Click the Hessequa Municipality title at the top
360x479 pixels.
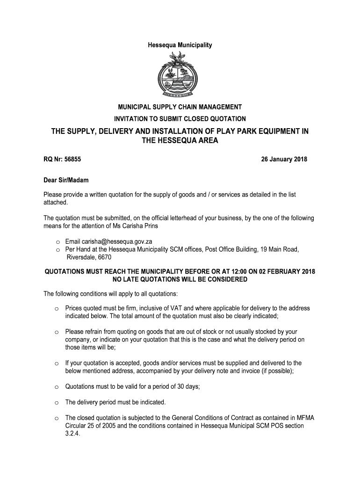(x=180, y=45)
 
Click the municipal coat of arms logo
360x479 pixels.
(x=180, y=75)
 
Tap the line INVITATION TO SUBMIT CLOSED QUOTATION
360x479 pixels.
(x=180, y=119)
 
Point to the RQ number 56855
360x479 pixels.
(x=72, y=160)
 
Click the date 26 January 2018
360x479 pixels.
(x=284, y=160)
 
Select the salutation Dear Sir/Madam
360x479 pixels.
(x=66, y=180)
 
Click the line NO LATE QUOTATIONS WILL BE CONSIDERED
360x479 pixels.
(x=180, y=280)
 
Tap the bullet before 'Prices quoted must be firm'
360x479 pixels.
(x=56, y=309)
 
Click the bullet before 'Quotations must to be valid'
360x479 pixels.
(x=56, y=387)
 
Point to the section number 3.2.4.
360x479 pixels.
(x=73, y=434)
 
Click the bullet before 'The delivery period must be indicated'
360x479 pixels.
(x=56, y=402)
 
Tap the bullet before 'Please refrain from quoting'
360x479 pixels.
(x=56, y=332)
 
